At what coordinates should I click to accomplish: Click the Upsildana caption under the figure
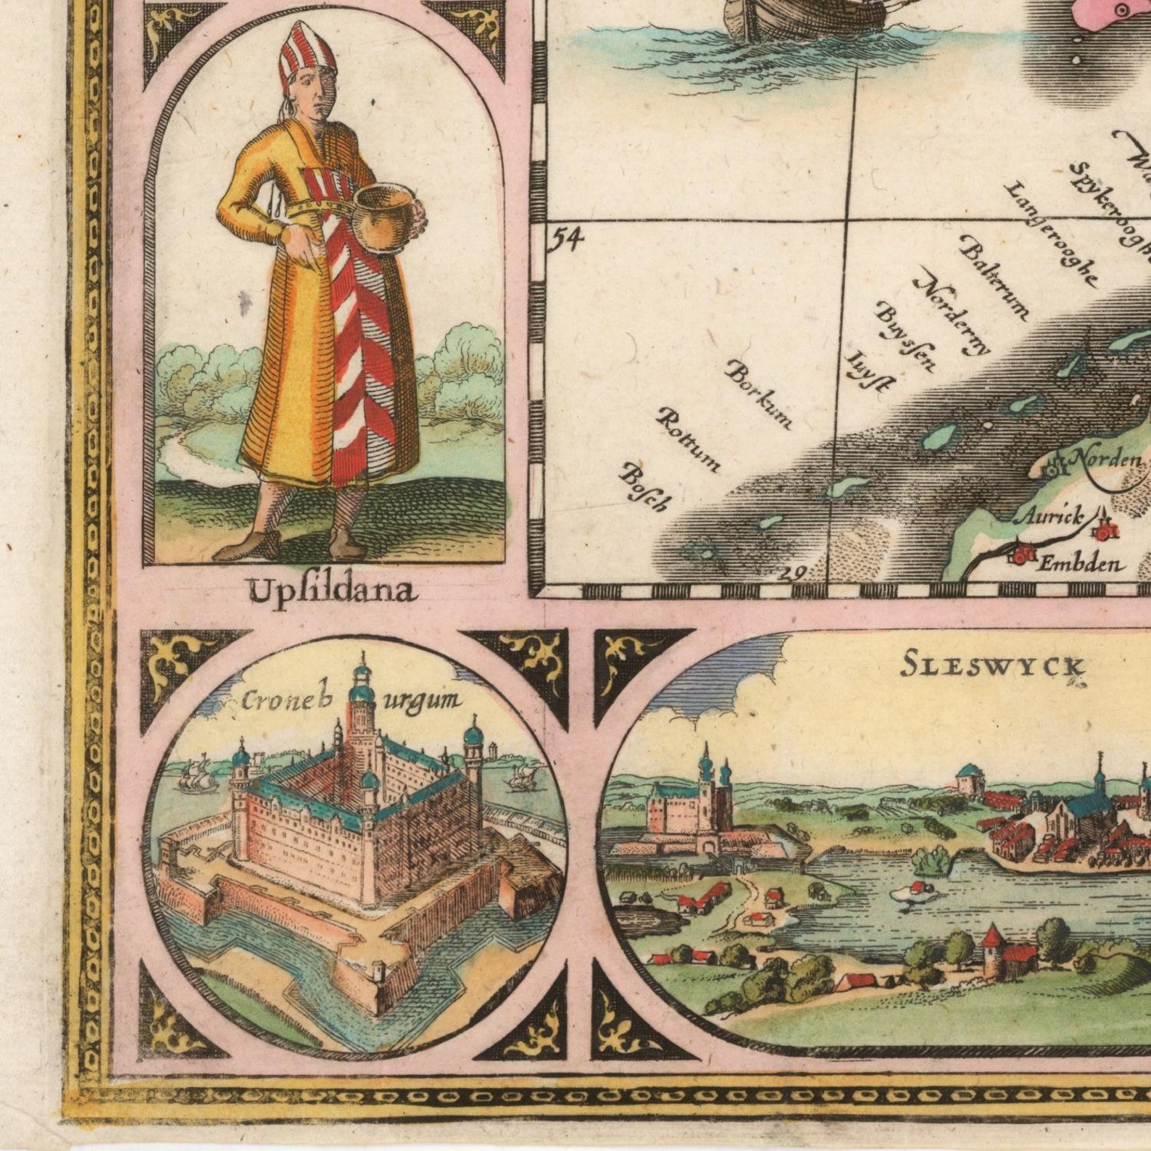pos(333,591)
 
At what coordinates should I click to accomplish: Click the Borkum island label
pos(759,394)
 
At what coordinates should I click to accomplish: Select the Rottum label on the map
pos(689,439)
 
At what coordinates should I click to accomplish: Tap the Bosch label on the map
pos(644,486)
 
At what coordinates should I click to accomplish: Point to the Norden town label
pos(1105,458)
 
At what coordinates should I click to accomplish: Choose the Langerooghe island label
pos(1050,232)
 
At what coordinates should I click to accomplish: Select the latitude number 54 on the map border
pos(565,239)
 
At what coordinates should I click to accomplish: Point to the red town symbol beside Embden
pos(1022,555)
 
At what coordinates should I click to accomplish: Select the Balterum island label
pos(993,276)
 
